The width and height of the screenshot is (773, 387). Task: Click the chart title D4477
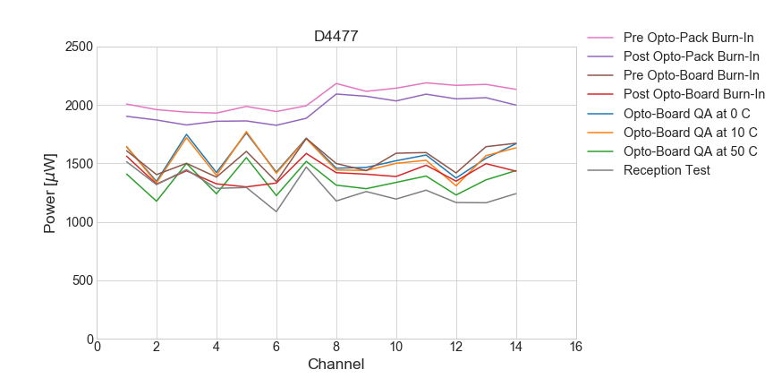(x=336, y=37)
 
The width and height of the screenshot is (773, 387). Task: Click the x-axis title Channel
(x=336, y=365)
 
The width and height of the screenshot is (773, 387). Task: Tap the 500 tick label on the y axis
(x=82, y=280)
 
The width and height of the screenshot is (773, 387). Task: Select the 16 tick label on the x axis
(x=575, y=348)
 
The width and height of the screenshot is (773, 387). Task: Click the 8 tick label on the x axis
(x=336, y=348)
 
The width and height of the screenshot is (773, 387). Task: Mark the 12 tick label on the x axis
(x=455, y=348)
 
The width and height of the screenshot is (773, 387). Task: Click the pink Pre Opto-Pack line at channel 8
(x=336, y=83)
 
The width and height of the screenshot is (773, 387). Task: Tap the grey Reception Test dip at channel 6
(x=276, y=211)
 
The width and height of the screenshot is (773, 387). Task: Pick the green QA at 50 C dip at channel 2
(x=157, y=201)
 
